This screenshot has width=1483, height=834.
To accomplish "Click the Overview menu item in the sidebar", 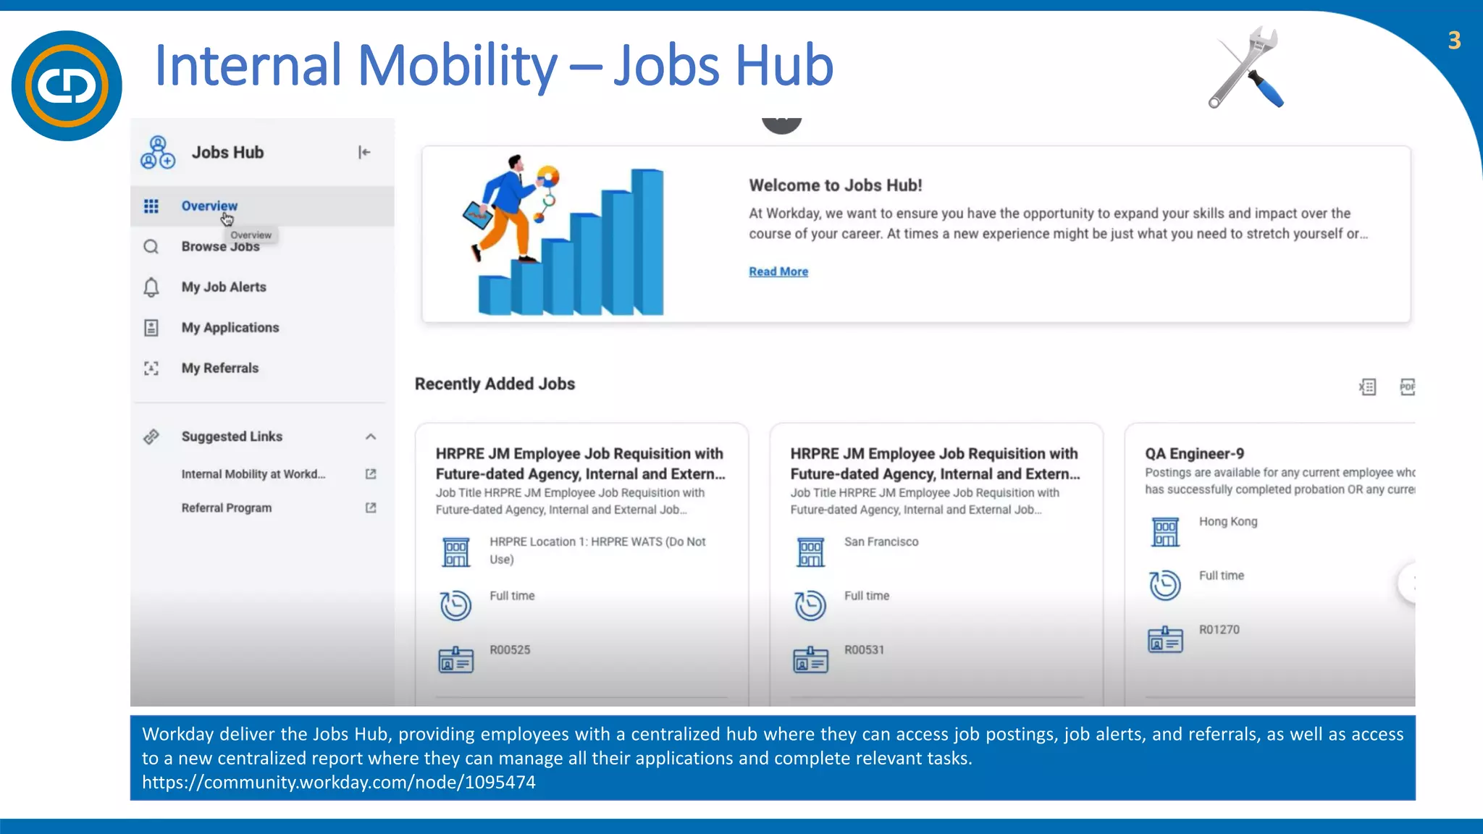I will click(x=209, y=206).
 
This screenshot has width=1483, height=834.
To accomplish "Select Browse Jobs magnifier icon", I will click(x=151, y=247).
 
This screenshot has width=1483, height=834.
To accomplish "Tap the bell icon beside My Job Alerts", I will click(x=151, y=287).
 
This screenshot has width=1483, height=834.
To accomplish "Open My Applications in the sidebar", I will click(x=230, y=328).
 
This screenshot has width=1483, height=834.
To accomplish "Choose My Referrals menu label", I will click(x=219, y=368).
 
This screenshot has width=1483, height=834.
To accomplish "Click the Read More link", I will click(x=778, y=271).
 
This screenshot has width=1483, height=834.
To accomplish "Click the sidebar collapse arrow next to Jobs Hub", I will click(x=364, y=152).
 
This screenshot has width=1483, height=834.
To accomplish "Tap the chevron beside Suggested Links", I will click(x=371, y=437).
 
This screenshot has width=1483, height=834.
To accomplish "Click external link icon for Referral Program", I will click(x=371, y=508).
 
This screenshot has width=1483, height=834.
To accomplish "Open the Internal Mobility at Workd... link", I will click(x=253, y=474).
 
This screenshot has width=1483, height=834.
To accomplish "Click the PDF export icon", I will click(x=1407, y=387).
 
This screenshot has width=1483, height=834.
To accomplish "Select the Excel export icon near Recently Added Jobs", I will click(x=1367, y=387).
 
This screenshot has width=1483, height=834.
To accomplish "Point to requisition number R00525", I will click(x=510, y=650).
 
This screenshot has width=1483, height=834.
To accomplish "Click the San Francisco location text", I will click(x=881, y=542).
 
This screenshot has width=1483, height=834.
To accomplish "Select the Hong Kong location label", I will click(x=1228, y=521).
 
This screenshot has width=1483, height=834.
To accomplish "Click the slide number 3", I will click(x=1454, y=41).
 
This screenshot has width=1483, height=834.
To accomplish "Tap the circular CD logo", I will click(x=67, y=85).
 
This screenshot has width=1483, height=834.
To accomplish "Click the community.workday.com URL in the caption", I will click(x=339, y=783).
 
